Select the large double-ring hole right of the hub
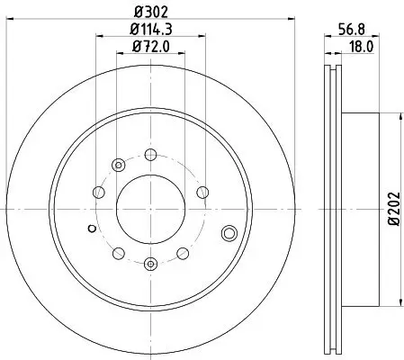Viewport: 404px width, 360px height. pos(229,235)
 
